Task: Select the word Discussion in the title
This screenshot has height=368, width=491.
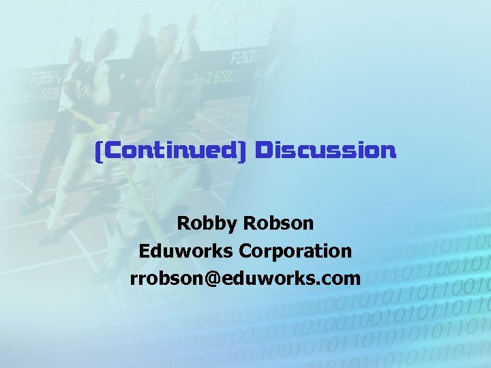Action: [325, 150]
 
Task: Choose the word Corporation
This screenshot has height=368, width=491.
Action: [295, 251]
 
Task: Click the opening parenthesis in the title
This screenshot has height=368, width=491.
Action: [98, 150]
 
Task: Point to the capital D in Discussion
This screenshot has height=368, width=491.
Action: [262, 150]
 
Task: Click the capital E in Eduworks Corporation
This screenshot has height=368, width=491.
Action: [144, 251]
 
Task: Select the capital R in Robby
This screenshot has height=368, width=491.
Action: [183, 223]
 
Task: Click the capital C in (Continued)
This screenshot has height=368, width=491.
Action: [108, 150]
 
